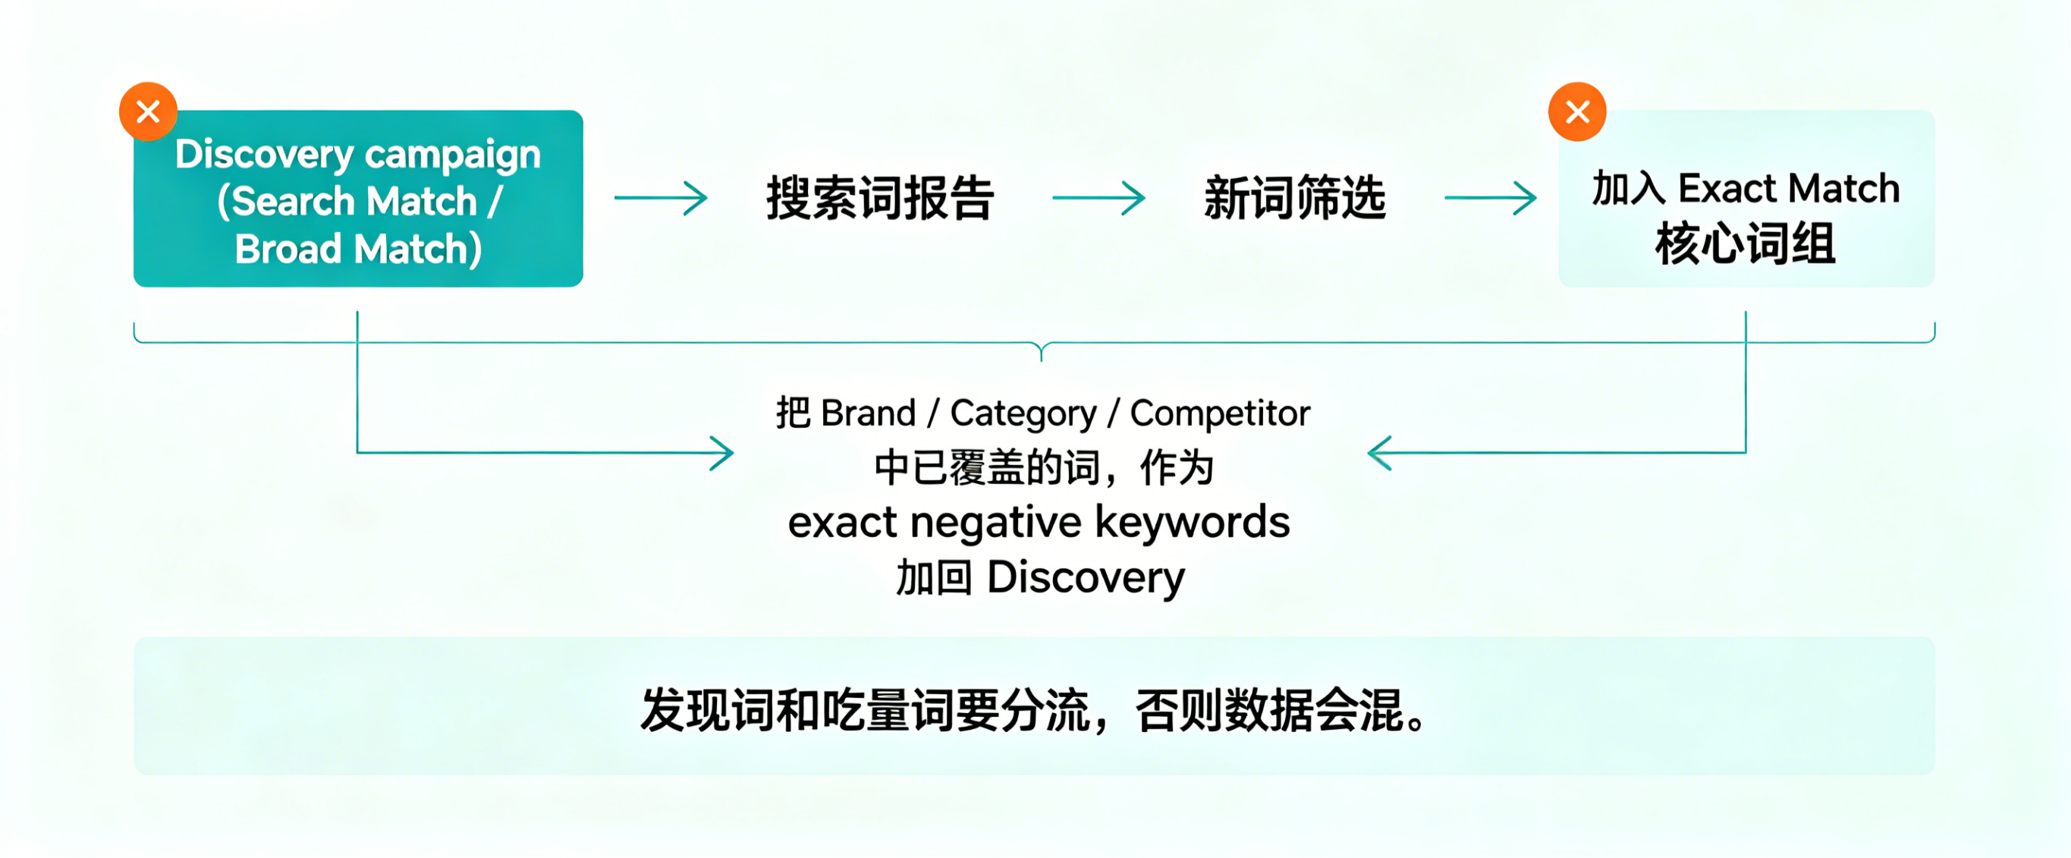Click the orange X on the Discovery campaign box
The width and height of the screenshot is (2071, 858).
click(x=148, y=112)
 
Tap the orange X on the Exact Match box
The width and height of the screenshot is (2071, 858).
click(x=1577, y=112)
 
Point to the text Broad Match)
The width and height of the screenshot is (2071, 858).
click(x=359, y=250)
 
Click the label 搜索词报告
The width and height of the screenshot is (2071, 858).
click(x=879, y=198)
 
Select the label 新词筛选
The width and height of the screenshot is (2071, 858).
click(x=1294, y=198)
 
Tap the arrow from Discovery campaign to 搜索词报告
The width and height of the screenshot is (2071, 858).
click(x=661, y=198)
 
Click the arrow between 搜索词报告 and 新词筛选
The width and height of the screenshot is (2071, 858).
click(x=1099, y=198)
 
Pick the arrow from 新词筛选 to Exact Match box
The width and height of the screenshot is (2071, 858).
click(x=1491, y=198)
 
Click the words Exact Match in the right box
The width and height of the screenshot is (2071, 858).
click(x=1789, y=189)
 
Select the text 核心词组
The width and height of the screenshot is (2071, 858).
click(x=1746, y=244)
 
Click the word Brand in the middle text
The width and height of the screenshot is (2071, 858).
click(x=869, y=413)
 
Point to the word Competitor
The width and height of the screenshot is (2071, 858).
click(x=1220, y=414)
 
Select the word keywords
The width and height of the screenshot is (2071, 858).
click(x=1193, y=522)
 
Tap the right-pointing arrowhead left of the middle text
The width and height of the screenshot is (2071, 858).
click(x=721, y=453)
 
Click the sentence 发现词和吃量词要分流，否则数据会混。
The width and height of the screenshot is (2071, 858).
click(x=1035, y=710)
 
